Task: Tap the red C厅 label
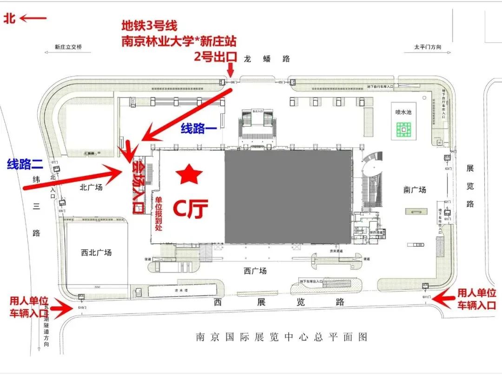[190, 210]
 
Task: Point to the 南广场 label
[414, 189]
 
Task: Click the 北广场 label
[91, 187]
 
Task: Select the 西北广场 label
[96, 253]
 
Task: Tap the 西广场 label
[255, 271]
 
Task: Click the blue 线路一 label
[199, 129]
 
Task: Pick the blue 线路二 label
[25, 163]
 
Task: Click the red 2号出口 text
[216, 58]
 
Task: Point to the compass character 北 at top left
[10, 18]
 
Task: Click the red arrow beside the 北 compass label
[33, 18]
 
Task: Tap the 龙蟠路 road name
[273, 58]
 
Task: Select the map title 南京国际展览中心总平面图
[282, 337]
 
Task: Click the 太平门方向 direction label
[427, 47]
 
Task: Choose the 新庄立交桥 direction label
[68, 47]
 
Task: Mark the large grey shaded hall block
[288, 196]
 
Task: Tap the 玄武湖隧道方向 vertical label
[46, 325]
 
